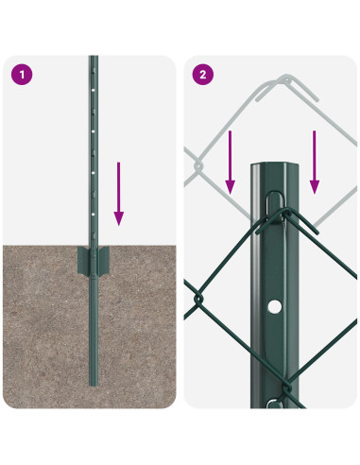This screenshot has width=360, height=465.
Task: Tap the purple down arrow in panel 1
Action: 118,194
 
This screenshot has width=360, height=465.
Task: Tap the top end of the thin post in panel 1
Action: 93,59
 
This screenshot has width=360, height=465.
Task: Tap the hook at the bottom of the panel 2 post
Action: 274,403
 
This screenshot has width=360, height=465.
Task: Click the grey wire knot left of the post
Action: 197,165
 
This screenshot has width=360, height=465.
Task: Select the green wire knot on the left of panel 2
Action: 197,296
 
